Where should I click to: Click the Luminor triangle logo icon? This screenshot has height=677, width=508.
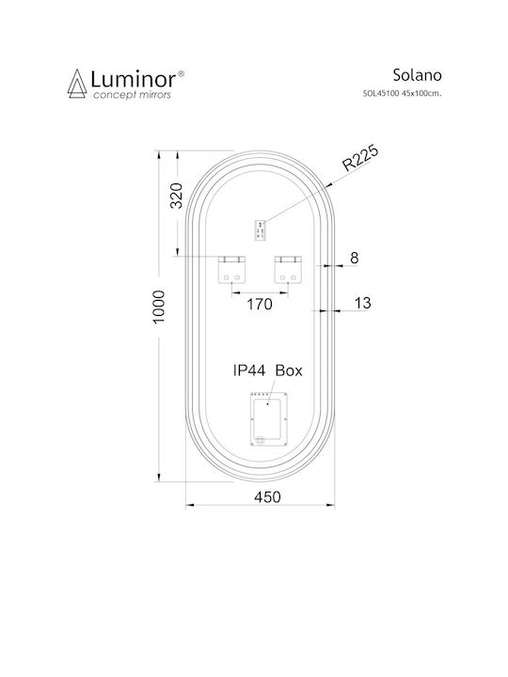tap(77, 84)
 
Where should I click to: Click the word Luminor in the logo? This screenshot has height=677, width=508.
tap(133, 79)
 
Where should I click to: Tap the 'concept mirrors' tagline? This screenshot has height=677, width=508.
tap(133, 95)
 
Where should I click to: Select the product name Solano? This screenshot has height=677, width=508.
tap(417, 75)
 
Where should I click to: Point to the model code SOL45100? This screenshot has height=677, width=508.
tap(381, 93)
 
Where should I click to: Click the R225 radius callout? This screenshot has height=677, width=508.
tap(360, 158)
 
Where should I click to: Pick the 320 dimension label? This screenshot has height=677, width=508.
tap(177, 196)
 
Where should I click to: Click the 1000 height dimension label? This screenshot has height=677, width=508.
tap(159, 307)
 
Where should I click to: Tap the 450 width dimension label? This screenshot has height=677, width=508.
tap(267, 497)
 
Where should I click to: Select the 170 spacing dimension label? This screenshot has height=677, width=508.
tap(260, 305)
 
